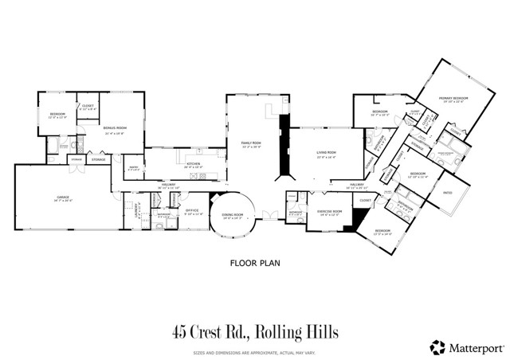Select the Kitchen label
(193, 165)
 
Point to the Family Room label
(252, 143)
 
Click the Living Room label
(327, 152)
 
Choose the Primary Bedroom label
(453, 99)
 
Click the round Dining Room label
(233, 214)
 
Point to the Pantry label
(135, 167)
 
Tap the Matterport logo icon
(437, 346)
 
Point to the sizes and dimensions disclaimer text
(254, 351)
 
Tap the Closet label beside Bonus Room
(87, 107)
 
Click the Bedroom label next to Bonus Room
(57, 115)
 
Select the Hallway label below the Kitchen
(169, 184)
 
